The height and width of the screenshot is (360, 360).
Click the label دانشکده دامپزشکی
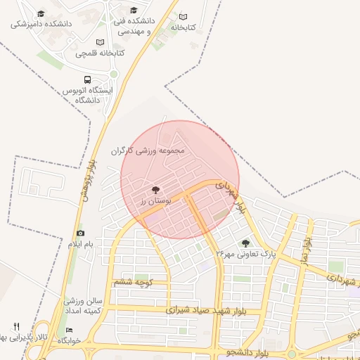pyautogui.click(x=41, y=24)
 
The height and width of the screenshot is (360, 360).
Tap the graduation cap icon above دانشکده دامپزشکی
pyautogui.click(x=41, y=14)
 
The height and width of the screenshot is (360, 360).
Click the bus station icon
pyautogui.click(x=87, y=79)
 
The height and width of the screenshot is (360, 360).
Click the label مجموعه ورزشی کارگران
pyautogui.click(x=147, y=150)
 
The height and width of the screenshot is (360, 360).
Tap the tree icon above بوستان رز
pyautogui.click(x=155, y=190)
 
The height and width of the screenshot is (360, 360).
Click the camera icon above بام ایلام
pyautogui.click(x=80, y=233)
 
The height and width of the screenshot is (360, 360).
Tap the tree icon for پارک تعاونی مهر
pyautogui.click(x=245, y=243)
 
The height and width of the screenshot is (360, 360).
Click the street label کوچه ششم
pyautogui.click(x=132, y=282)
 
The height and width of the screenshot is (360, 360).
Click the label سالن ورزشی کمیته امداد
pyautogui.click(x=83, y=306)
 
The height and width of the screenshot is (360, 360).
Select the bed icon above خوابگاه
pyautogui.click(x=69, y=330)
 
